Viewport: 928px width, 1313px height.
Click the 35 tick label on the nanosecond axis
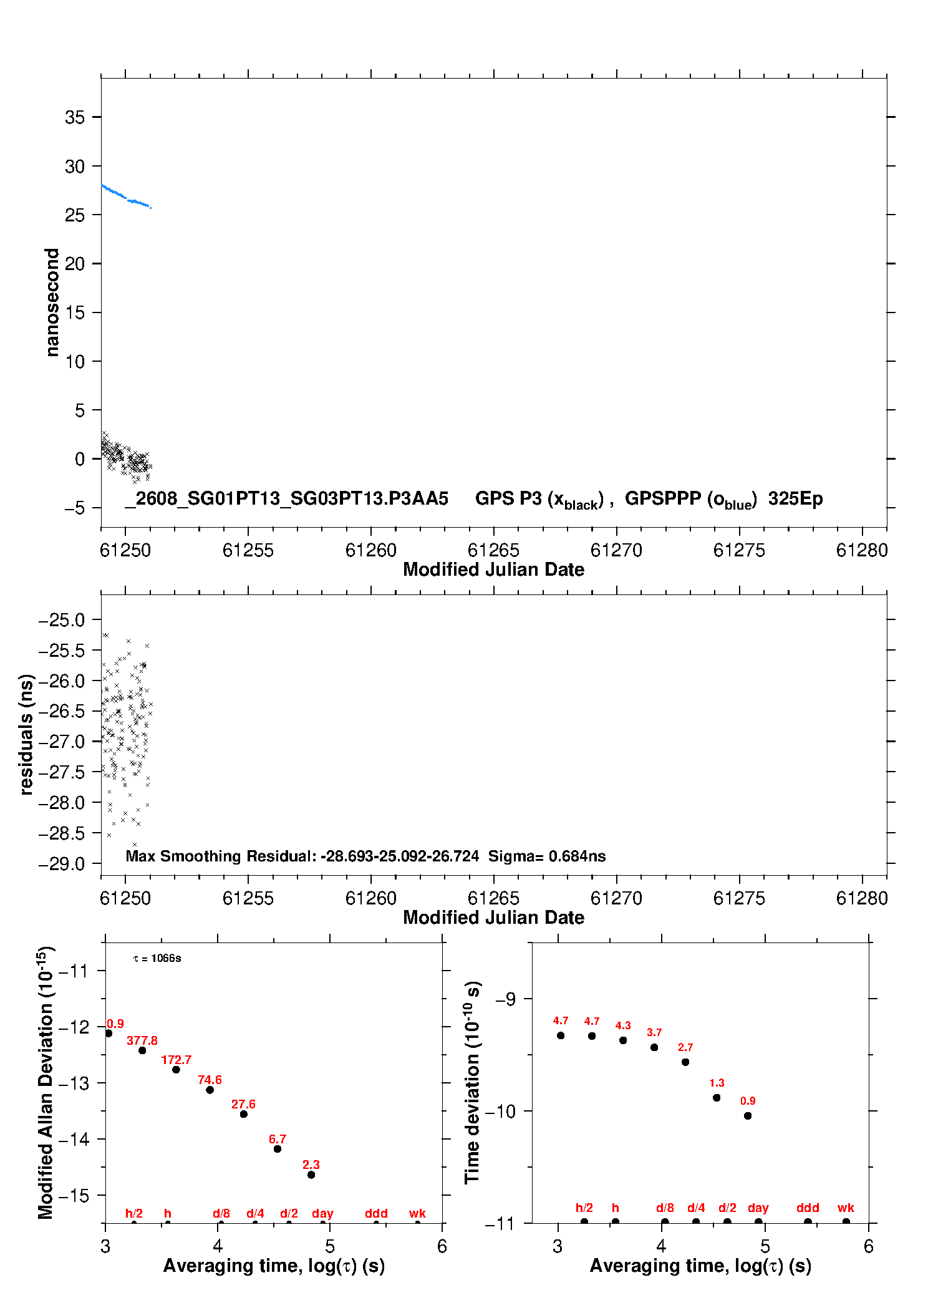(x=74, y=117)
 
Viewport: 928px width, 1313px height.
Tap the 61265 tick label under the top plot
(x=493, y=550)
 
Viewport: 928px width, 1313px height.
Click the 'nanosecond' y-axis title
(x=52, y=303)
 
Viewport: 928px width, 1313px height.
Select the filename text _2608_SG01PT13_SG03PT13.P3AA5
(x=287, y=498)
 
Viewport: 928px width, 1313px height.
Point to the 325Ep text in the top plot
(x=795, y=498)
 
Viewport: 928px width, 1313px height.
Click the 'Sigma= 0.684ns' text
(x=547, y=856)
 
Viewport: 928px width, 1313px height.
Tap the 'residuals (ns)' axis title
(x=26, y=734)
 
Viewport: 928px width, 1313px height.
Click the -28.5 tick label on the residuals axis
(x=62, y=833)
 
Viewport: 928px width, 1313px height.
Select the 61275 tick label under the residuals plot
(x=739, y=898)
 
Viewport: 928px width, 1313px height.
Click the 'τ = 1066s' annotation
(x=157, y=958)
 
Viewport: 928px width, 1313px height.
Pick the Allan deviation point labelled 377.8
(x=142, y=1050)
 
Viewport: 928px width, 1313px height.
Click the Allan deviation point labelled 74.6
(x=210, y=1090)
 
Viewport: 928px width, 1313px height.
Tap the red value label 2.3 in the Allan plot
(x=311, y=1165)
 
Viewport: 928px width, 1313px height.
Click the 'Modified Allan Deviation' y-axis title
(x=46, y=1082)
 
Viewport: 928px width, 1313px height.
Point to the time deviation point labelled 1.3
(x=717, y=1098)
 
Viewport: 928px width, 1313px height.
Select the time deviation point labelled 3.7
(x=654, y=1047)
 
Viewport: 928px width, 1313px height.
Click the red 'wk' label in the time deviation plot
(x=846, y=1208)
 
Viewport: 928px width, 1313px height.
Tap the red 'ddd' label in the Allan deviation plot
(x=377, y=1213)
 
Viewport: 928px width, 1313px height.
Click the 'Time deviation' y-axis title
(x=473, y=1082)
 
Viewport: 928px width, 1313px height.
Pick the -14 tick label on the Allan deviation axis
(x=74, y=1139)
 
